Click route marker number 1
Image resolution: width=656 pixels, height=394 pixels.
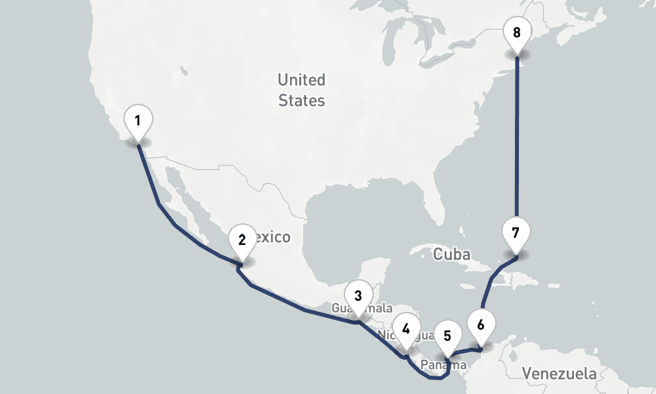point(138,121)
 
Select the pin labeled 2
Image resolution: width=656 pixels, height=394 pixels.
point(242,240)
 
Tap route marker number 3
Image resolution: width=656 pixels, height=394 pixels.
point(358,295)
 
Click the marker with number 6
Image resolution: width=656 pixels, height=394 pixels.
point(481,325)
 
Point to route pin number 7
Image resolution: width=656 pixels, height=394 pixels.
point(516,233)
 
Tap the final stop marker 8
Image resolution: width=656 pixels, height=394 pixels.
point(517,32)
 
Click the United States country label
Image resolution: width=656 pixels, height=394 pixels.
point(301,90)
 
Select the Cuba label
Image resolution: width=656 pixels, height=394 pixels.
point(451,254)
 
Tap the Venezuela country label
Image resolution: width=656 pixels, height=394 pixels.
point(560,374)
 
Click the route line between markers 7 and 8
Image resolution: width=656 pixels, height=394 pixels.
point(517,144)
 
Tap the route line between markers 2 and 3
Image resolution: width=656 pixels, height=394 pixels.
point(302,309)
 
